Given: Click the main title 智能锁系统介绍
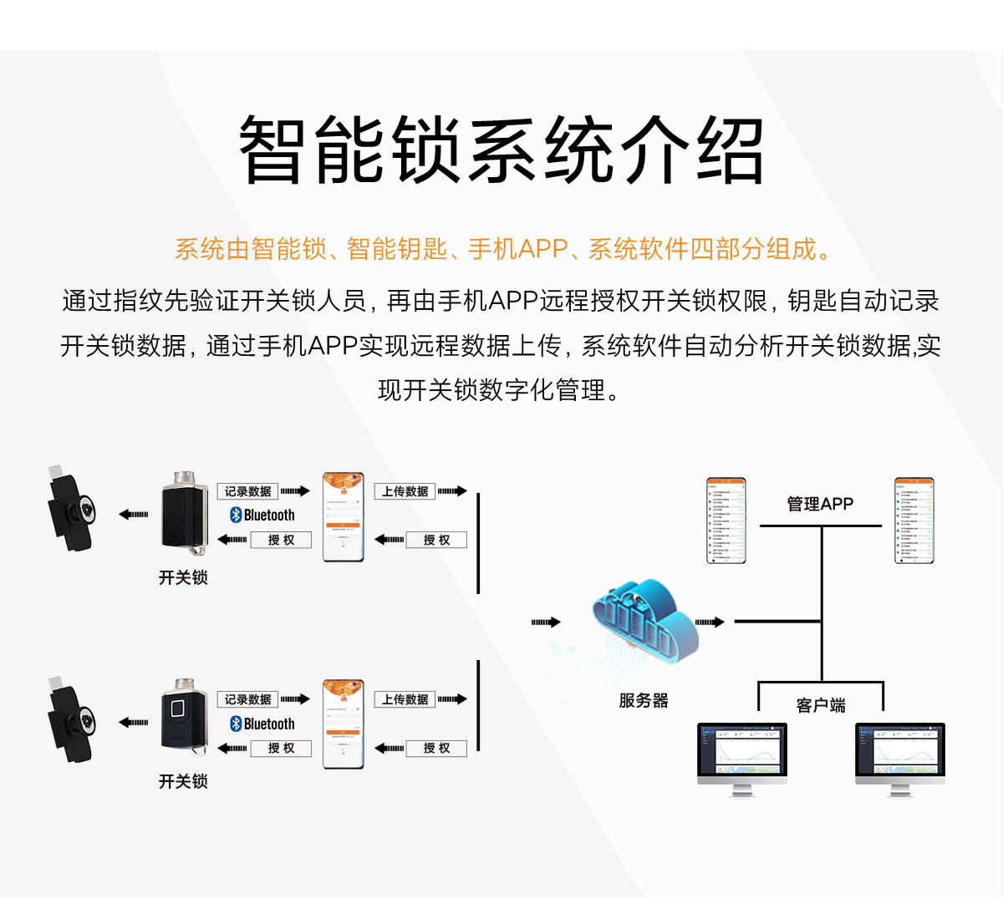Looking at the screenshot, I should pyautogui.click(x=501, y=150).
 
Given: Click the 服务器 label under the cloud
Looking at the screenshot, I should pyautogui.click(x=644, y=701).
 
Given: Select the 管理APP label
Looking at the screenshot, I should pyautogui.click(x=820, y=504).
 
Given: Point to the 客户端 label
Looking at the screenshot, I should pyautogui.click(x=821, y=705).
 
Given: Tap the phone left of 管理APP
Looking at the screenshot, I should pyautogui.click(x=726, y=521).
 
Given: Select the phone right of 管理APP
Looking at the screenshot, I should pyautogui.click(x=914, y=521).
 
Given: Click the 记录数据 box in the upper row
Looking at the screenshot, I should pyautogui.click(x=247, y=491).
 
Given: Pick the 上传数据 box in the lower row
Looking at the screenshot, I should pyautogui.click(x=405, y=699).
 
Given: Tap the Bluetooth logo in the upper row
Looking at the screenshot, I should pyautogui.click(x=236, y=516).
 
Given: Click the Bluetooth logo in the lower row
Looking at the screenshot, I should pyautogui.click(x=236, y=724).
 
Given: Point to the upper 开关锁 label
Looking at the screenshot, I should pyautogui.click(x=183, y=577).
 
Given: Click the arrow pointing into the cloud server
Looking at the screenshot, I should pyautogui.click(x=546, y=622).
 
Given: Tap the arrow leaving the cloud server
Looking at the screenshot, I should pyautogui.click(x=710, y=622).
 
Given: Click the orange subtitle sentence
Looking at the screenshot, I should pyautogui.click(x=501, y=249).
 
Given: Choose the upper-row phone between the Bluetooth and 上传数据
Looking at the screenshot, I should pyautogui.click(x=344, y=517).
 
